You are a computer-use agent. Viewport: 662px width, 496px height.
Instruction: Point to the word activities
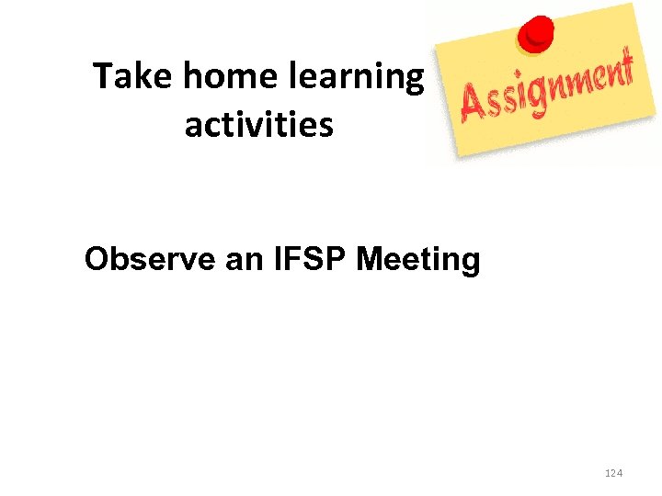pyautogui.click(x=258, y=124)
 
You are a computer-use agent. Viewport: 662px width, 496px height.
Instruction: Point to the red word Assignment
pyautogui.click(x=548, y=88)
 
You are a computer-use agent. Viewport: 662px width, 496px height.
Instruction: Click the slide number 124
pyautogui.click(x=614, y=473)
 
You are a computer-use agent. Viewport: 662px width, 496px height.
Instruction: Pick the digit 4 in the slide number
pyautogui.click(x=621, y=473)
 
